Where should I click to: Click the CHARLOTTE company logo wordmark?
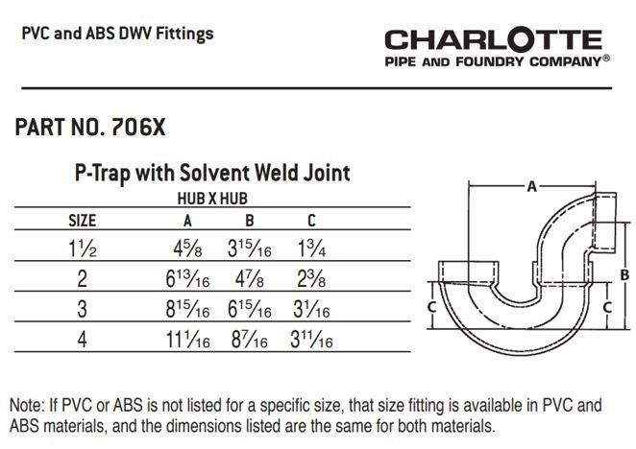(493, 40)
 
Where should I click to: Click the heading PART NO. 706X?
(97, 129)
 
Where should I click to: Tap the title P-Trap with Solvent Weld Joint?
(212, 174)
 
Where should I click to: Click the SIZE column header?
(82, 219)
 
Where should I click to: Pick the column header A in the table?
(188, 219)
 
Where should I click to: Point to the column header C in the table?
(310, 219)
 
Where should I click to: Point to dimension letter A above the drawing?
(531, 188)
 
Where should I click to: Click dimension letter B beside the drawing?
(625, 274)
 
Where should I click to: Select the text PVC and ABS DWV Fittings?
(117, 35)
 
